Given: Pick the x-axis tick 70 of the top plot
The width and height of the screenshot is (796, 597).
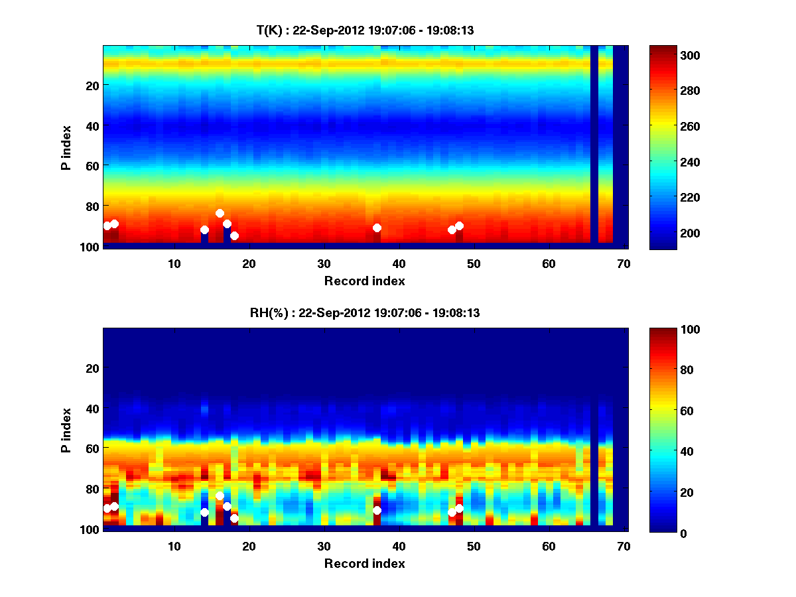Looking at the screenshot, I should (624, 263).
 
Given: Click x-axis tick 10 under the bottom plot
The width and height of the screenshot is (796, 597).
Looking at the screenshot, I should (174, 546).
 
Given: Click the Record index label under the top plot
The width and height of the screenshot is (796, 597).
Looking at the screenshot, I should (364, 281).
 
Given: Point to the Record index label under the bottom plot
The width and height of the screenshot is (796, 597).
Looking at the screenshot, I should (364, 563).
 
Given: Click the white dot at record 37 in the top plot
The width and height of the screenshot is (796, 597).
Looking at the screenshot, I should (377, 228).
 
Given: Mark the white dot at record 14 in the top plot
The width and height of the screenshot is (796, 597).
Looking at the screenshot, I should (204, 230).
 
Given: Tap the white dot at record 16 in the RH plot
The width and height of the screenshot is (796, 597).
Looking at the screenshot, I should (220, 496).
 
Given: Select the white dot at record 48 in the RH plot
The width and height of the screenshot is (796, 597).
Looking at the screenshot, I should (459, 508).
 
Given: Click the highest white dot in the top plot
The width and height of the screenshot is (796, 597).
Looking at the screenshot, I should (220, 213).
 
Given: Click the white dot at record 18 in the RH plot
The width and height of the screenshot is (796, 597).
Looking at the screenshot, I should (234, 518).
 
